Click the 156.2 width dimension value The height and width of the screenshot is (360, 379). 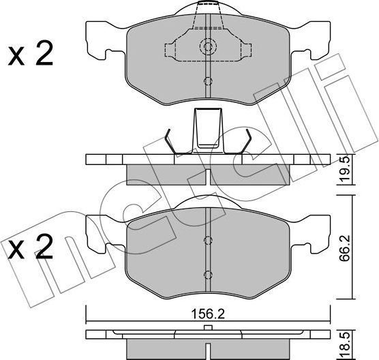208,314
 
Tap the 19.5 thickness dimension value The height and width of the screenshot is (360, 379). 344,169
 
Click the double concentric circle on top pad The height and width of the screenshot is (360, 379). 208,46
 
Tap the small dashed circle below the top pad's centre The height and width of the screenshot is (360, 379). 208,82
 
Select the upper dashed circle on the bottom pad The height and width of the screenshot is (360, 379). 208,240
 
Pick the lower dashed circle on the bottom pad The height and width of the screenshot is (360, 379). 208,275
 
